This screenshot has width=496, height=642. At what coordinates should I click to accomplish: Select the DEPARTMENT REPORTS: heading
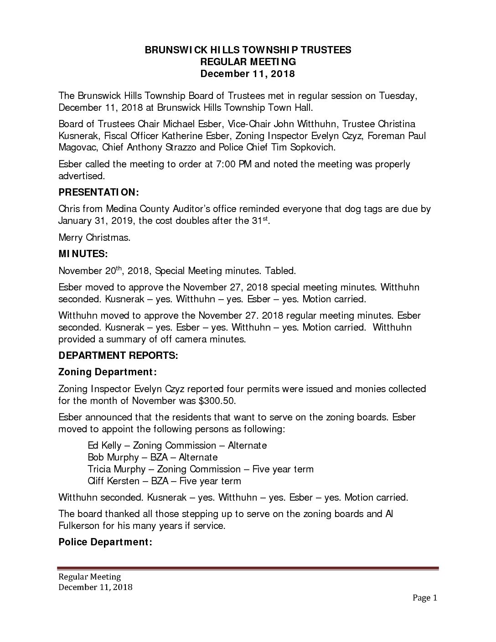click(118, 356)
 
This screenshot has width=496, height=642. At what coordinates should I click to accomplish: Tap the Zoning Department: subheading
click(108, 373)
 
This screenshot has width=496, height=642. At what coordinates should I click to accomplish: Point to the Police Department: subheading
click(105, 542)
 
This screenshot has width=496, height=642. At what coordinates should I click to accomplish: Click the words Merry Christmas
click(95, 238)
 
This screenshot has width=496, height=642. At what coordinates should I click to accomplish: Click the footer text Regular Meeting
click(90, 577)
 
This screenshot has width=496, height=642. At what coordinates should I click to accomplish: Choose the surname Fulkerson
click(82, 526)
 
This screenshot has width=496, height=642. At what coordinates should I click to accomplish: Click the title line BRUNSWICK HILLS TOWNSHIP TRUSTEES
click(248, 50)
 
